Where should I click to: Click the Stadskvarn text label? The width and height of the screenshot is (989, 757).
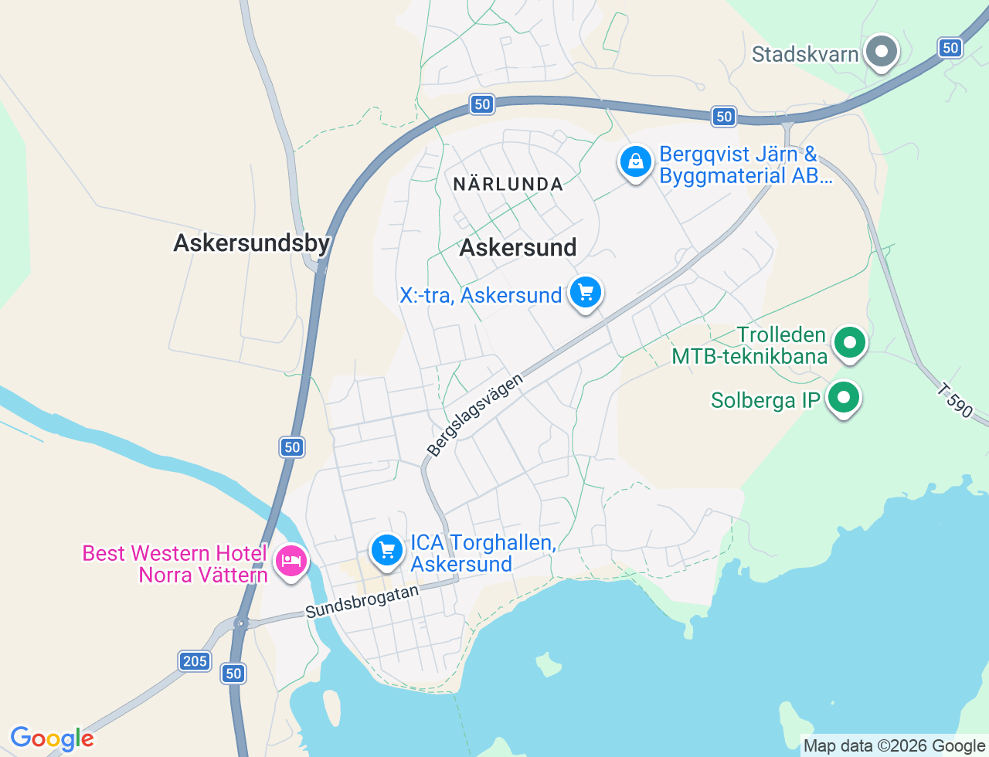pos(805,54)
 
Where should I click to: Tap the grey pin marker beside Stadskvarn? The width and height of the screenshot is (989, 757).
pos(881,53)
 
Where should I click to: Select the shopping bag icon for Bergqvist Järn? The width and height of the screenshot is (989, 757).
pos(635,162)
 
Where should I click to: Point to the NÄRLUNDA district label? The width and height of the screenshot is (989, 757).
pos(508,184)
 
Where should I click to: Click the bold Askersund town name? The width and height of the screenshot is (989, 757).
pos(518,247)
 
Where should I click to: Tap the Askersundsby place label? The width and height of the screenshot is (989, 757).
pos(252,243)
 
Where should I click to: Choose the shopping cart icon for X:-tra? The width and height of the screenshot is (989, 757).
pos(585,293)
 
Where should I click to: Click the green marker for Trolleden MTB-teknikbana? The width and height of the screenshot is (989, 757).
pos(850,341)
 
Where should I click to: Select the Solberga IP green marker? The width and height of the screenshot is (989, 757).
pos(844,399)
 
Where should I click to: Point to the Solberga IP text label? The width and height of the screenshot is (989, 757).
pos(765,400)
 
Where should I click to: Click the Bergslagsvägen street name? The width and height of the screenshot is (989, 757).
pos(474,415)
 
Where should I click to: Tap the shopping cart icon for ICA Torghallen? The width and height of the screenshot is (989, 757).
pos(387,551)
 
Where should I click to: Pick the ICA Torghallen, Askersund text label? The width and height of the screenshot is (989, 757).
pos(482,553)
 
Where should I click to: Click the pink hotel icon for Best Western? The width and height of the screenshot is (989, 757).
pos(291,561)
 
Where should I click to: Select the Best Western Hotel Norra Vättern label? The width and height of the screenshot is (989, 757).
pos(175,564)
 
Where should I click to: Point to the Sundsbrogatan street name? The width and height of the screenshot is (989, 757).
pos(362,601)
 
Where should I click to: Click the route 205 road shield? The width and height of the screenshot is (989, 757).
pos(195,660)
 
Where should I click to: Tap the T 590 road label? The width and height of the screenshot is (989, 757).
pos(955,401)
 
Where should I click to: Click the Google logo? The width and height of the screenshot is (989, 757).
pos(53,739)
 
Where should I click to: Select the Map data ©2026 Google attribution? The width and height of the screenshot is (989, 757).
pos(894,745)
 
